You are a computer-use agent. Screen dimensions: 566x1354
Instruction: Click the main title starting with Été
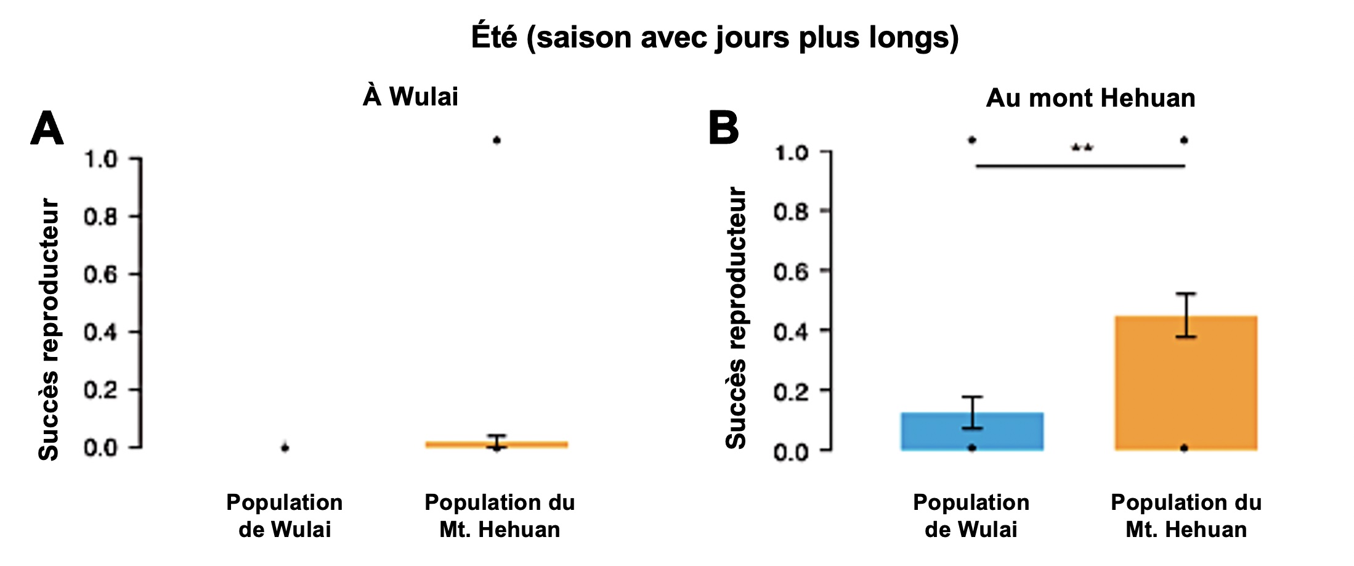(x=715, y=37)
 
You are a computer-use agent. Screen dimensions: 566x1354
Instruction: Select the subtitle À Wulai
(x=410, y=97)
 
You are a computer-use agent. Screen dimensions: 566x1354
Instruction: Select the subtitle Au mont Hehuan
(x=1090, y=98)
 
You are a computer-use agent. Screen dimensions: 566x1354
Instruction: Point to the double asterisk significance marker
(x=1082, y=148)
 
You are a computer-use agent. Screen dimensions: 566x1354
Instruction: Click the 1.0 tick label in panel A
(x=100, y=159)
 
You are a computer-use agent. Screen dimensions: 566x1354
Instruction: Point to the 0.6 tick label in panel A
(x=100, y=274)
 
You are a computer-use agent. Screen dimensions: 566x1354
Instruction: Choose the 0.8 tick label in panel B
(x=790, y=212)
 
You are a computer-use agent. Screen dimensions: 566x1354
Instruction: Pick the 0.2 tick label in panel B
(x=790, y=392)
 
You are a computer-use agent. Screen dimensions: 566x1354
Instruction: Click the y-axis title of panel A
(x=49, y=329)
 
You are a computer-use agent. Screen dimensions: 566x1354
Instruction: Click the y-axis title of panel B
(x=736, y=318)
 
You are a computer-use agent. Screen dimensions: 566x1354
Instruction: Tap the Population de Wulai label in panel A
(x=285, y=515)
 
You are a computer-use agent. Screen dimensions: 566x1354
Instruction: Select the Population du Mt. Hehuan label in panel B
(x=1186, y=515)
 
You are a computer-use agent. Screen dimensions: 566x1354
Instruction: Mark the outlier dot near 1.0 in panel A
(x=497, y=141)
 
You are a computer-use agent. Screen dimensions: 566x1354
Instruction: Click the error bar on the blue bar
(x=972, y=412)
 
